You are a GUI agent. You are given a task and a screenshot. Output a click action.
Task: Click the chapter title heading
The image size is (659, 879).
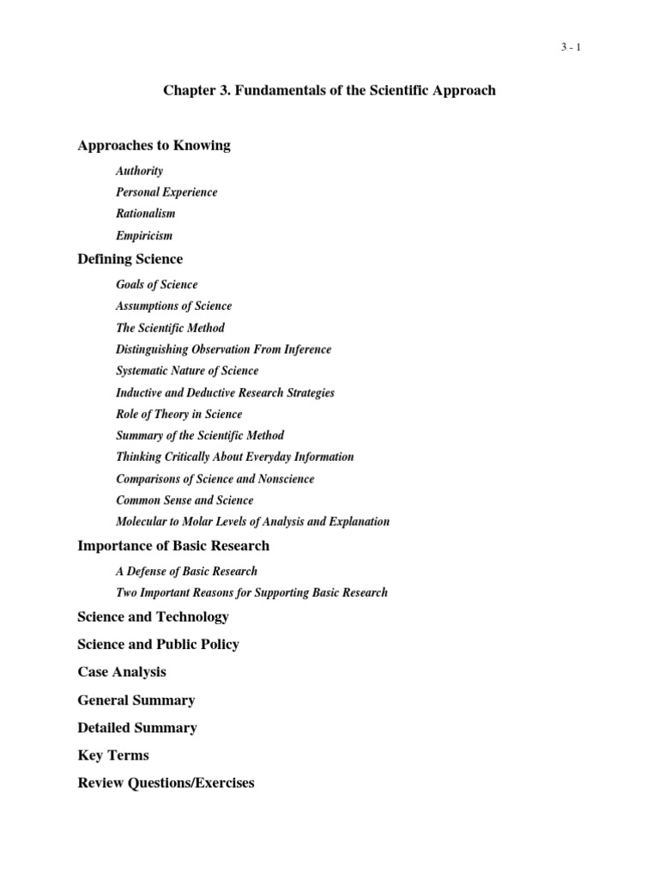point(329,90)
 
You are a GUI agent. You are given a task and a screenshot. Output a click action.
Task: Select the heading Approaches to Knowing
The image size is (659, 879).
point(154,146)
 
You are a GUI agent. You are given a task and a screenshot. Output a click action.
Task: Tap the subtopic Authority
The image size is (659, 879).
point(139,171)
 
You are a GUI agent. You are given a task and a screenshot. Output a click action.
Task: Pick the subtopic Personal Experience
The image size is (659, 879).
point(166,192)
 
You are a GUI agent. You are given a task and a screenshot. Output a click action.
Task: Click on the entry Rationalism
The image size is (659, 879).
point(146,214)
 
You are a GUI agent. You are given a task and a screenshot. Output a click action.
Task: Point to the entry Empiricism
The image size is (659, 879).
point(144,235)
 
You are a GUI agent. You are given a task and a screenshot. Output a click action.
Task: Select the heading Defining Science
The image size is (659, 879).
point(130,259)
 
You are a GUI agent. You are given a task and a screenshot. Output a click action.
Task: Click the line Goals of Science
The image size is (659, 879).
point(156,285)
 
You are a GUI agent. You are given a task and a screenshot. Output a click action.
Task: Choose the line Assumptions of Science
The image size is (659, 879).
point(173,306)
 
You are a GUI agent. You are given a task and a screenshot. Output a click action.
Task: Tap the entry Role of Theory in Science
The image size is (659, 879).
point(178,414)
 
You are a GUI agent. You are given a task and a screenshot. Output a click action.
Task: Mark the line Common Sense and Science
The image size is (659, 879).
point(184,500)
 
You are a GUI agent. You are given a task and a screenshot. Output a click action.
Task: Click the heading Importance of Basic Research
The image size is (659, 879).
point(173,546)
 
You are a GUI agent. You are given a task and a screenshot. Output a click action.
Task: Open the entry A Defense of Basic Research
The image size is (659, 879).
point(186,571)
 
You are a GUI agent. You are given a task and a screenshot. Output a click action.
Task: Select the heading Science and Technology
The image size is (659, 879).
point(153,617)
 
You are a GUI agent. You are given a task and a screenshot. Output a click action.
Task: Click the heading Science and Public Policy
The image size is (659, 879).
point(158,645)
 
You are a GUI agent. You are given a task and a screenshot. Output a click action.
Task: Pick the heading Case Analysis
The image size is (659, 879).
point(122,672)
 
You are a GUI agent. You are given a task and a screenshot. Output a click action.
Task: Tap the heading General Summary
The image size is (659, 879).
point(136,700)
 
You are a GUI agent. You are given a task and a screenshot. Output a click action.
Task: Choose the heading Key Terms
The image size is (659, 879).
point(113,755)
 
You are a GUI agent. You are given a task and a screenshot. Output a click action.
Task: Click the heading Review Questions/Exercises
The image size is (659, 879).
point(166,783)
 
